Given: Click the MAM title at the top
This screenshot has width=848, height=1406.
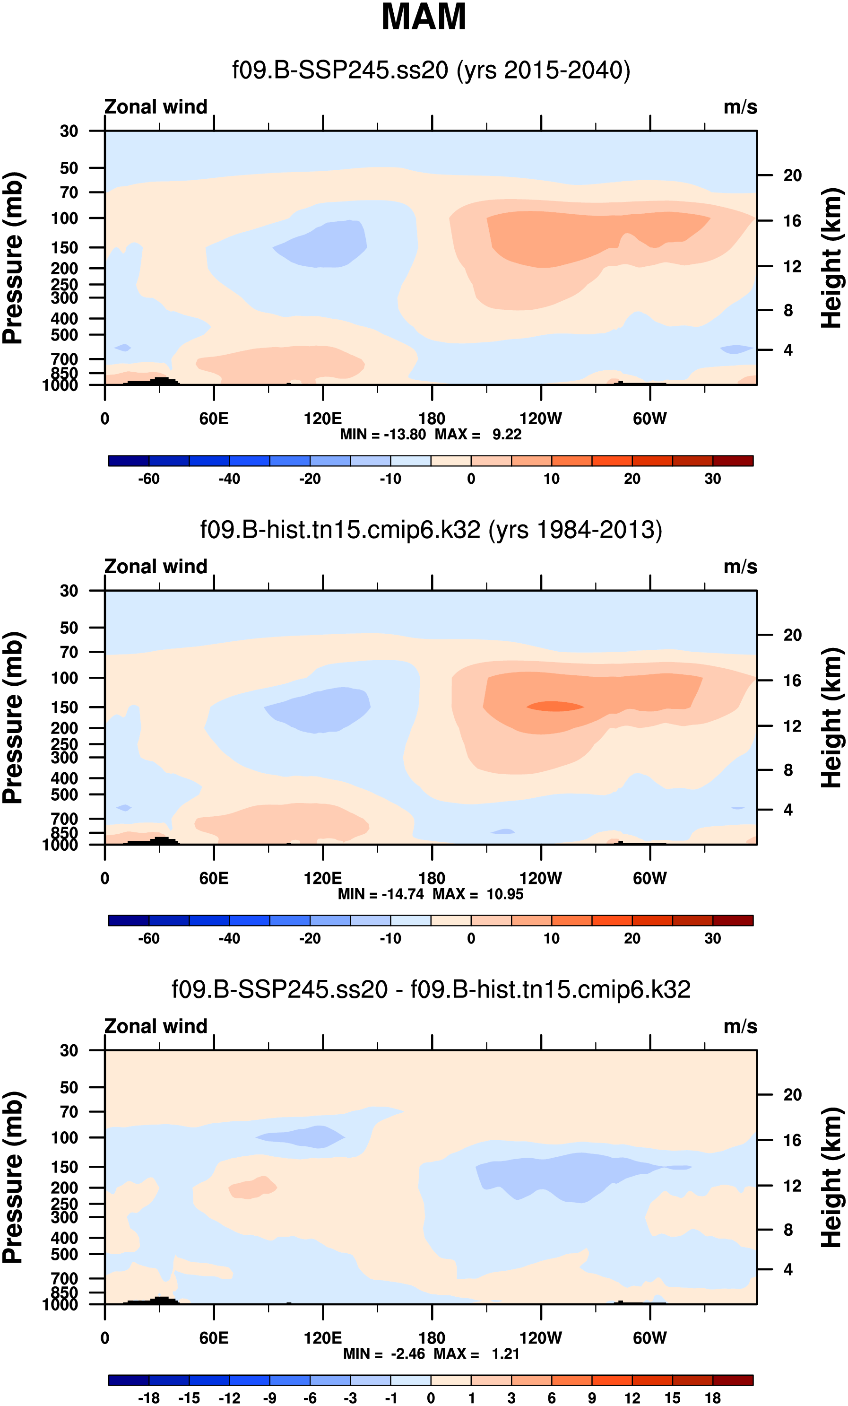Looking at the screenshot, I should click(x=423, y=17).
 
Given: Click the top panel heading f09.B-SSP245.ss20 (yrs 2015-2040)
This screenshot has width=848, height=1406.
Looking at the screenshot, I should click(x=431, y=70).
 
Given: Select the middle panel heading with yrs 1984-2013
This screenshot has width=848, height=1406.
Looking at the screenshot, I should click(x=431, y=530).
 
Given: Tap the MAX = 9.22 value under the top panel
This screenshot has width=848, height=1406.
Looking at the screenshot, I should click(x=478, y=435).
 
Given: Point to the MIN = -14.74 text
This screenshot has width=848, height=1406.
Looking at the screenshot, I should click(x=381, y=894).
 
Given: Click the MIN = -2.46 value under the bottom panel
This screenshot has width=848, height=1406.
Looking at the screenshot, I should click(x=384, y=1354).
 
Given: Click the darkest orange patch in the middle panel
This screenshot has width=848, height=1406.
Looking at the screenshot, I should click(x=554, y=707).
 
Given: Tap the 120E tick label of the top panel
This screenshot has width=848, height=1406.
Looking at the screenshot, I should click(x=323, y=419).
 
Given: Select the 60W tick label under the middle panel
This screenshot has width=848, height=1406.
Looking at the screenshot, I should click(x=649, y=878).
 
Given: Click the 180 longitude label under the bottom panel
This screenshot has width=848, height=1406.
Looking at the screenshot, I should click(x=432, y=1338).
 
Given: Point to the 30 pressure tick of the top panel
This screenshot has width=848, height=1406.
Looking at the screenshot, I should click(x=69, y=131).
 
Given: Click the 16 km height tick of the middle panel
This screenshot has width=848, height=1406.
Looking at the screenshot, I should click(x=792, y=681).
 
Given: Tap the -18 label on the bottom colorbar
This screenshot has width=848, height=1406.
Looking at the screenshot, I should click(x=149, y=1398).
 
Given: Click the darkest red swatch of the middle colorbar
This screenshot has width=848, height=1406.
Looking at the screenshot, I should click(x=733, y=920).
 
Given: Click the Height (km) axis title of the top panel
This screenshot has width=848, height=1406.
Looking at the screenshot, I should click(x=831, y=258).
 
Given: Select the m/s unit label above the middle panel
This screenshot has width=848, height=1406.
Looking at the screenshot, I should click(x=740, y=567).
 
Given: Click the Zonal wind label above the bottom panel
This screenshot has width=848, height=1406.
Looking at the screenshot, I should click(x=156, y=1027).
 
